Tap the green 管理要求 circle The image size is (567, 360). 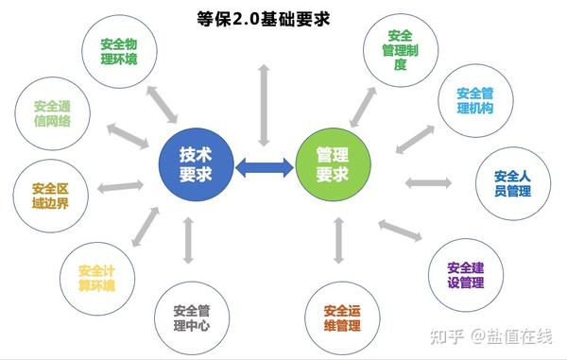coord(332,165)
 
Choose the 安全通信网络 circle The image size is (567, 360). coord(54,116)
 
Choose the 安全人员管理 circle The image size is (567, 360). coord(512,182)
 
